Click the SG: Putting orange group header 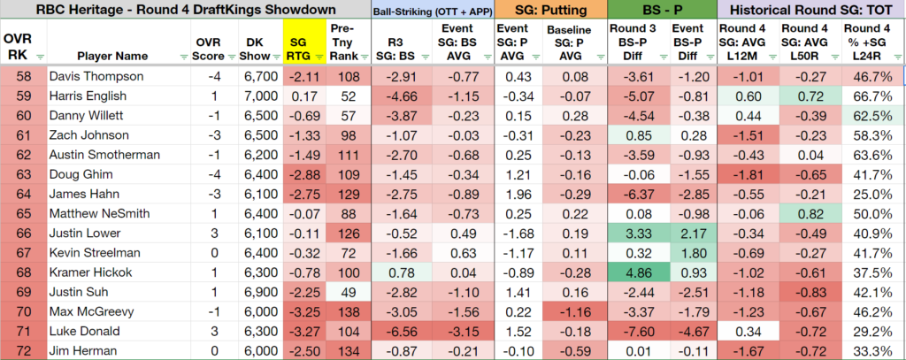point(550,10)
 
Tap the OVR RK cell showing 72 point(23,351)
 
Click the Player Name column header point(112,56)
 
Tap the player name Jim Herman point(74,351)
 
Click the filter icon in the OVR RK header point(39,57)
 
